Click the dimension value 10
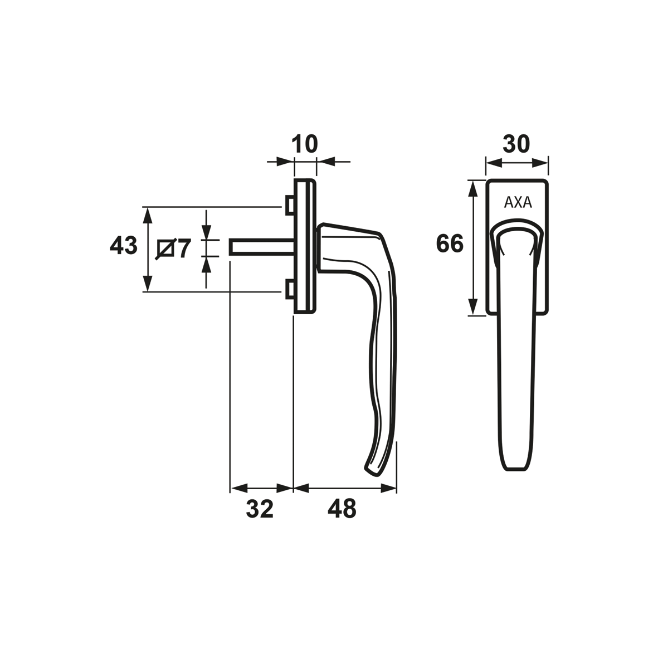(305, 144)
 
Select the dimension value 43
(123, 245)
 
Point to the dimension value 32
(260, 509)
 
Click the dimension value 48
(342, 509)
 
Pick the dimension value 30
(516, 144)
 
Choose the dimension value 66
(450, 243)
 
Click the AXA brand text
(518, 203)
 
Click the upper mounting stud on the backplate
(290, 205)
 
